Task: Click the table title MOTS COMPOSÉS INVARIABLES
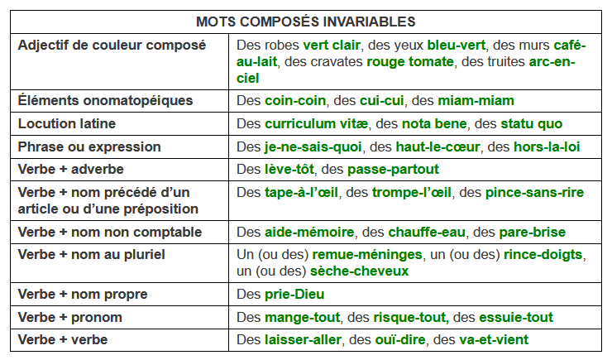pos(305,20)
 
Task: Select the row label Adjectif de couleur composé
pos(112,45)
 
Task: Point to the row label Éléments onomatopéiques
pos(105,100)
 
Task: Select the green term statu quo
pos(531,123)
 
